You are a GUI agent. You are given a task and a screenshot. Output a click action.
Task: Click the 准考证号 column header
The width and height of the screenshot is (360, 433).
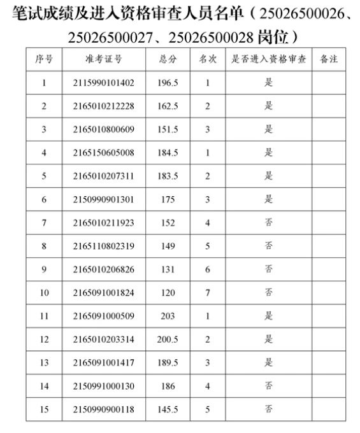point(103,59)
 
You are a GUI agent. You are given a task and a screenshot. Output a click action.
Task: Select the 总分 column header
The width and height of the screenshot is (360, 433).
point(168,59)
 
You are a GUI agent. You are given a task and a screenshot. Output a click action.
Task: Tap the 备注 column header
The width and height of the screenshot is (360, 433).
point(329,59)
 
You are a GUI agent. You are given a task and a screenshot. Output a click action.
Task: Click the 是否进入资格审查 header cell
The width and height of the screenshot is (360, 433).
point(268,59)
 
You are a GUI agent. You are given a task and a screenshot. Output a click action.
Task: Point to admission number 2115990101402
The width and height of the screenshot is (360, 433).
point(103,83)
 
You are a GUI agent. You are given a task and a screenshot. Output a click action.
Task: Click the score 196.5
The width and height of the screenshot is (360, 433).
point(168,83)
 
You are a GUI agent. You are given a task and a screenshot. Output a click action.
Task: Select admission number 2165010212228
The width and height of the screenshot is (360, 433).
point(103,106)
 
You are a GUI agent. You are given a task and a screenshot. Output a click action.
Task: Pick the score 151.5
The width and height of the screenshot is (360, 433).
point(168,129)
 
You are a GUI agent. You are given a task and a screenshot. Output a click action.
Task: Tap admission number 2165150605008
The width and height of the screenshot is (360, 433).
point(103,153)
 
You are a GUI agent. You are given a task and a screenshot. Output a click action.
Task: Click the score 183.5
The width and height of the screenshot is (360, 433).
point(168,176)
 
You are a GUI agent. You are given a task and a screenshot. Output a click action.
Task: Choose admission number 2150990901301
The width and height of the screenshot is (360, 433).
point(103,199)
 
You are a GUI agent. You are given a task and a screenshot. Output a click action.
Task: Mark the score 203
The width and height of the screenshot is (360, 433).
point(168,316)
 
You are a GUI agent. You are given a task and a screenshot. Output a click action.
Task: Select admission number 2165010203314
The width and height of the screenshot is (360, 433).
point(103,339)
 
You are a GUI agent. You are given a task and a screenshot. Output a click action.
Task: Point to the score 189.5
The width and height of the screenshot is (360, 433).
point(168,363)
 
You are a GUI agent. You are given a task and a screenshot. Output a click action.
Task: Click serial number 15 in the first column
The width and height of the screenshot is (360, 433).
point(44,409)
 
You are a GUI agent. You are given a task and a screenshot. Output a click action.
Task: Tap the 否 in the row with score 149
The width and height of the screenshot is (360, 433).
point(268,246)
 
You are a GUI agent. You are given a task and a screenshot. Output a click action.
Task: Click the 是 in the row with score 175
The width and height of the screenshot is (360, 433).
point(268,199)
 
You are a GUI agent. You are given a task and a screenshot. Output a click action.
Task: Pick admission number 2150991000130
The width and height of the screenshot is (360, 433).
point(103,386)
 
